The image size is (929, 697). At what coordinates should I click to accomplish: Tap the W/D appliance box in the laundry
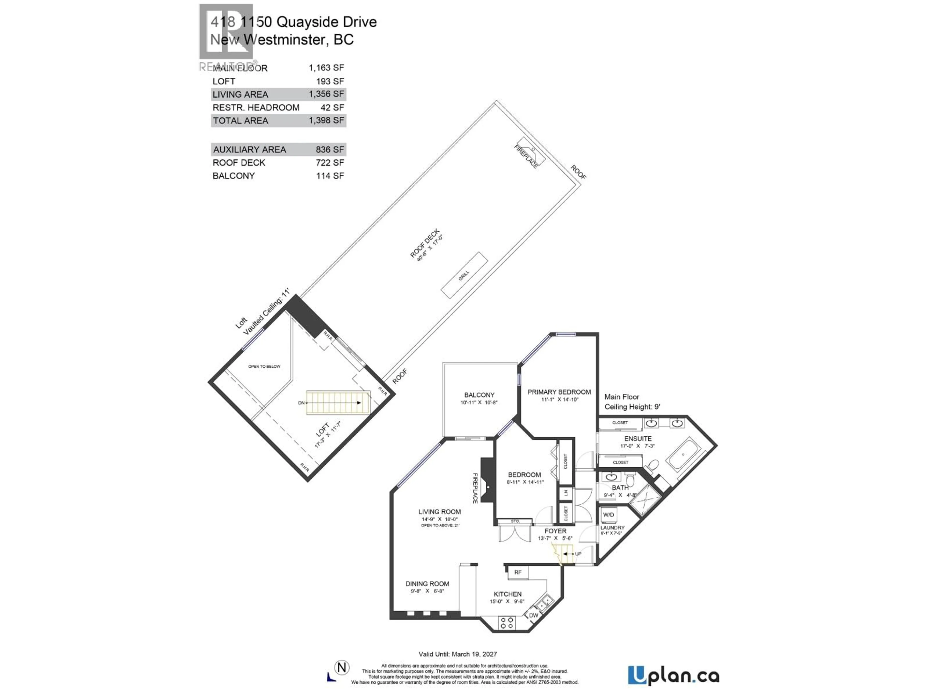click(x=608, y=515)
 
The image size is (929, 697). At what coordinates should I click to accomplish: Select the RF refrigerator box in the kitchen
click(x=518, y=572)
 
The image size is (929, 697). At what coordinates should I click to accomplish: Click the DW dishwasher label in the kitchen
click(x=533, y=615)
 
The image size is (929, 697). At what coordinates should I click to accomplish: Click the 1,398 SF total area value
click(x=326, y=121)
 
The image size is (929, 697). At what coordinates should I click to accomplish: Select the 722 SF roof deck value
click(x=330, y=163)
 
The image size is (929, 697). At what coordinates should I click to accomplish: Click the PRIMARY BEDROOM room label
click(x=559, y=392)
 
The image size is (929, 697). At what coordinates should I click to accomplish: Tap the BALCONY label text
click(x=479, y=395)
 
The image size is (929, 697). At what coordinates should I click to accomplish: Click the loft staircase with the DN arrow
click(x=338, y=402)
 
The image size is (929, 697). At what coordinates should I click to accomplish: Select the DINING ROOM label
click(x=427, y=583)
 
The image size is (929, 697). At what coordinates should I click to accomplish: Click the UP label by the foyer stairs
click(x=578, y=554)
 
